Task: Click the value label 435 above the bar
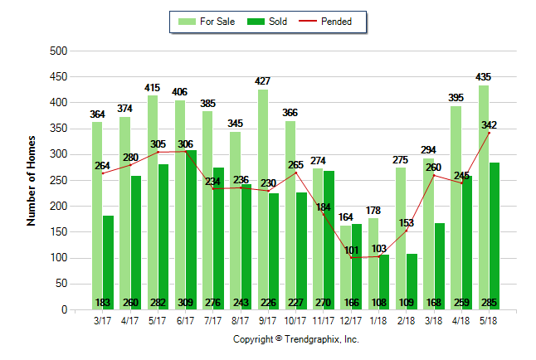click(x=483, y=77)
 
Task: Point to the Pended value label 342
click(x=489, y=124)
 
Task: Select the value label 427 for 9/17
click(x=263, y=81)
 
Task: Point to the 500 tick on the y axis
click(x=58, y=51)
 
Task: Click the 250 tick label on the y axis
click(x=58, y=181)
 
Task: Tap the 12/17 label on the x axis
click(x=351, y=319)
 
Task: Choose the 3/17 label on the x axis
click(x=103, y=319)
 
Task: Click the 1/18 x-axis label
click(x=378, y=319)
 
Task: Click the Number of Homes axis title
click(x=32, y=181)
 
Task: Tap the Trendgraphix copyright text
click(x=295, y=339)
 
